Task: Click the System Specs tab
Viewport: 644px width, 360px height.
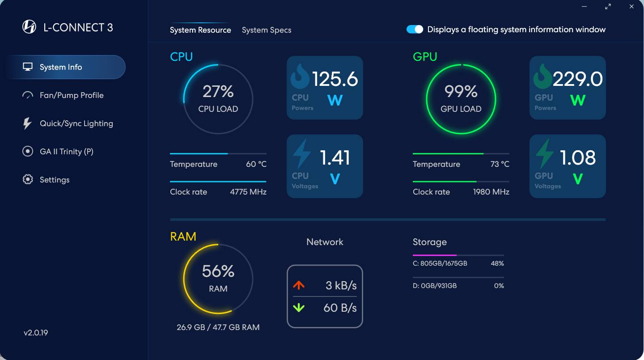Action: [267, 30]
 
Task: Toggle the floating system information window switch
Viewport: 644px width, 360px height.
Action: [415, 30]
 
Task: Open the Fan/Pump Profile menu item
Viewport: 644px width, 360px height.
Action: [72, 95]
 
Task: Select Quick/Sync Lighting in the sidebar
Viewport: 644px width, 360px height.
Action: [76, 123]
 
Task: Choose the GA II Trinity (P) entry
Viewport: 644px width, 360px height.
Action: [66, 152]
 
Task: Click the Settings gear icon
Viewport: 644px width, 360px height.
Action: [28, 180]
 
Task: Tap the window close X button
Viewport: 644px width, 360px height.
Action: [631, 7]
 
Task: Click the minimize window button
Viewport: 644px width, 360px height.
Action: [585, 7]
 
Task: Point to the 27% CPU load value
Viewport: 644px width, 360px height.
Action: [218, 92]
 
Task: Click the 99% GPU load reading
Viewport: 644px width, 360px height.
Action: [461, 92]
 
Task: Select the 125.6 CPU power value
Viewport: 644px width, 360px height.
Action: [335, 79]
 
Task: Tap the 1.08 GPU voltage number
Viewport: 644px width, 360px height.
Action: [578, 157]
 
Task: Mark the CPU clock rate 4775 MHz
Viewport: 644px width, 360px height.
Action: [248, 192]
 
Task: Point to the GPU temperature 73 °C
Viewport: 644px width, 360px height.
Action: [500, 164]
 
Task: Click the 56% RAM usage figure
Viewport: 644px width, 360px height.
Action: [218, 271]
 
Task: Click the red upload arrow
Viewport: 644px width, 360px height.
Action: [299, 285]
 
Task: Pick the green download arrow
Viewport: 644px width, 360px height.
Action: [299, 308]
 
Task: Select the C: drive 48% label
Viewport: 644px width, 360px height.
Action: [497, 263]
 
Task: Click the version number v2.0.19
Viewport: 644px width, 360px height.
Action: [36, 333]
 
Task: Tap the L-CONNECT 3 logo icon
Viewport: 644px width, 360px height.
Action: [29, 27]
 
